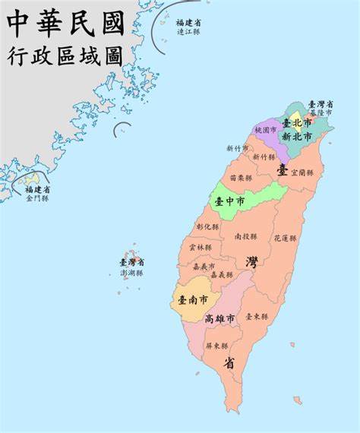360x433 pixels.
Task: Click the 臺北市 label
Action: click(297, 122)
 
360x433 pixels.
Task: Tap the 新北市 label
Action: click(297, 137)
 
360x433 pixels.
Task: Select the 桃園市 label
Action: click(266, 131)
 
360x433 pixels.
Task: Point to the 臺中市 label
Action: click(229, 201)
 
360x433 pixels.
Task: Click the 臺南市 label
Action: click(193, 300)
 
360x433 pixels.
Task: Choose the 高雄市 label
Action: click(219, 319)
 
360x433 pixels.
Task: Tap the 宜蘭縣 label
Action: click(302, 172)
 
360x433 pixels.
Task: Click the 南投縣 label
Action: click(245, 236)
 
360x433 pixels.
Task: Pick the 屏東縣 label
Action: click(216, 345)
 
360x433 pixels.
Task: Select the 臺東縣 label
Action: click(256, 316)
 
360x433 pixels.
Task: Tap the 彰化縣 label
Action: click(207, 226)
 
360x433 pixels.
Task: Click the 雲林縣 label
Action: click(201, 247)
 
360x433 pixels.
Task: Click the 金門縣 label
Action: click(37, 198)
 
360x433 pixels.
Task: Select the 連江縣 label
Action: click(188, 32)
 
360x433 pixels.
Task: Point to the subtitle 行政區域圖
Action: click(65, 55)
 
